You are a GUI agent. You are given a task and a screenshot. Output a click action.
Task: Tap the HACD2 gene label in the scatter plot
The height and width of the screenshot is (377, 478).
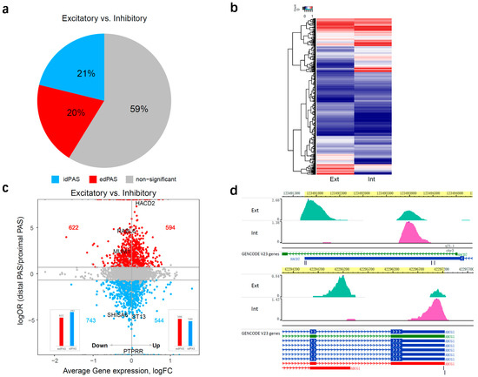pos(144,203)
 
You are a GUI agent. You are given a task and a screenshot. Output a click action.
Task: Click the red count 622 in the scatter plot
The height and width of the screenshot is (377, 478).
pos(73,227)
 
